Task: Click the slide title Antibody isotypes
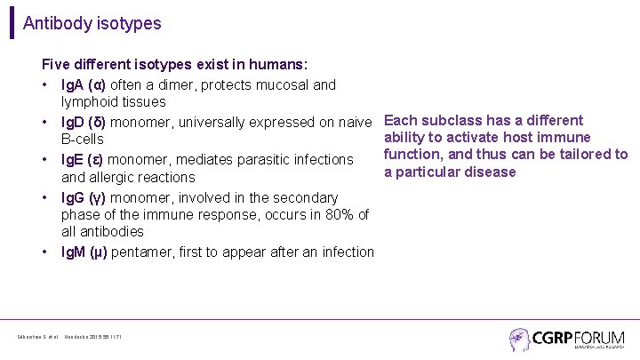coord(92,24)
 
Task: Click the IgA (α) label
coord(84,85)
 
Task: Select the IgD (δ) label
coord(84,122)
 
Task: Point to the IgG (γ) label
coord(84,196)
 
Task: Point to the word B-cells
coord(82,140)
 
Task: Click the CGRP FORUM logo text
coord(580,338)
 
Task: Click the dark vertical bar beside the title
coord(12,23)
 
